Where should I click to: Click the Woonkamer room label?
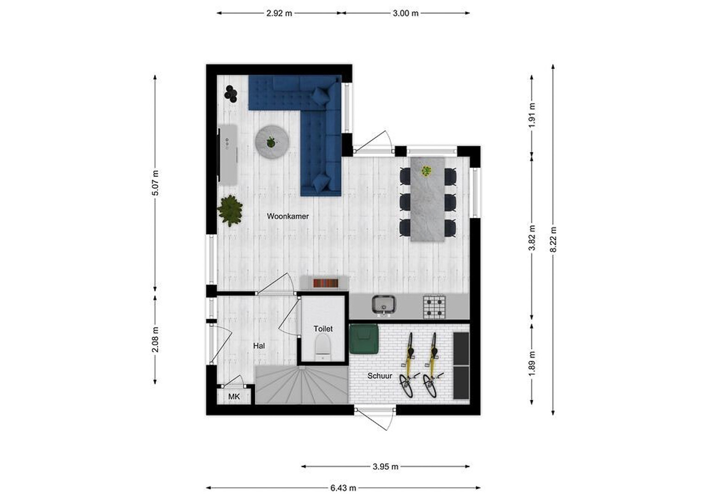287,216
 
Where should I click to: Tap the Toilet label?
323,329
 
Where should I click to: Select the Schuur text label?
380,376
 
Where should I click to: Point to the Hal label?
259,346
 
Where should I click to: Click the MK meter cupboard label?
234,397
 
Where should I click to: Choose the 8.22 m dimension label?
553,239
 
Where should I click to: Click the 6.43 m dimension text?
343,488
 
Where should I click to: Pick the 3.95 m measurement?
385,467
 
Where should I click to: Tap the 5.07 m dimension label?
155,183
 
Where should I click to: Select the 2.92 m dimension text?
279,13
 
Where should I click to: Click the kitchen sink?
384,305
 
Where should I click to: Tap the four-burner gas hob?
434,307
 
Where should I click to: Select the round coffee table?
272,141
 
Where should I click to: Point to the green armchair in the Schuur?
364,339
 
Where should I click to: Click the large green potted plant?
230,210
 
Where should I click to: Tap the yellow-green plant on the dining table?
427,171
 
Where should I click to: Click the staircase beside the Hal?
302,385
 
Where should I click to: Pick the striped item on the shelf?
325,283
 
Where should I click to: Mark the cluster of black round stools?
231,94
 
